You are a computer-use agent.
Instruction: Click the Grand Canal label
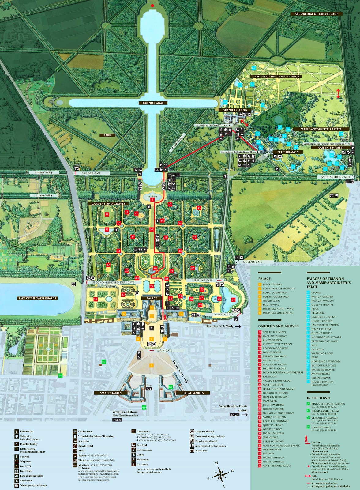(x=153, y=103)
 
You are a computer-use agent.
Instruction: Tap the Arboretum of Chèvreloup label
(x=316, y=14)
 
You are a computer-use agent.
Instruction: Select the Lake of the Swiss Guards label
(x=37, y=298)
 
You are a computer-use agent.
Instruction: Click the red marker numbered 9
(x=152, y=200)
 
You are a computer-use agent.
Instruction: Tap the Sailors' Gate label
(x=91, y=173)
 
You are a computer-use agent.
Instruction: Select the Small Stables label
(x=111, y=393)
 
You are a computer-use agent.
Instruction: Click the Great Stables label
(x=193, y=393)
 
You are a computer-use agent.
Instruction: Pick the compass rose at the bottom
(x=220, y=474)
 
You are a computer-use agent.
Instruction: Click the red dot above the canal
(x=152, y=6)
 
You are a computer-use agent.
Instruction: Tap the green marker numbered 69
(x=144, y=407)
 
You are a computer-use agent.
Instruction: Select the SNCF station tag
(x=234, y=415)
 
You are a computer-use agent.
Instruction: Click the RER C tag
(x=117, y=420)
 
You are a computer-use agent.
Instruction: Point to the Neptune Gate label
(x=202, y=280)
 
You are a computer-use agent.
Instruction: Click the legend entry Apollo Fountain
(x=274, y=332)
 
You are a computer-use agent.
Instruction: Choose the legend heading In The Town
(x=318, y=398)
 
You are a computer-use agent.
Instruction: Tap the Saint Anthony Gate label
(x=336, y=177)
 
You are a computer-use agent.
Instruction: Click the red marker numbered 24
(x=233, y=300)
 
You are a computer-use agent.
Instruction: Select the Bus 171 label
(x=149, y=387)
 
